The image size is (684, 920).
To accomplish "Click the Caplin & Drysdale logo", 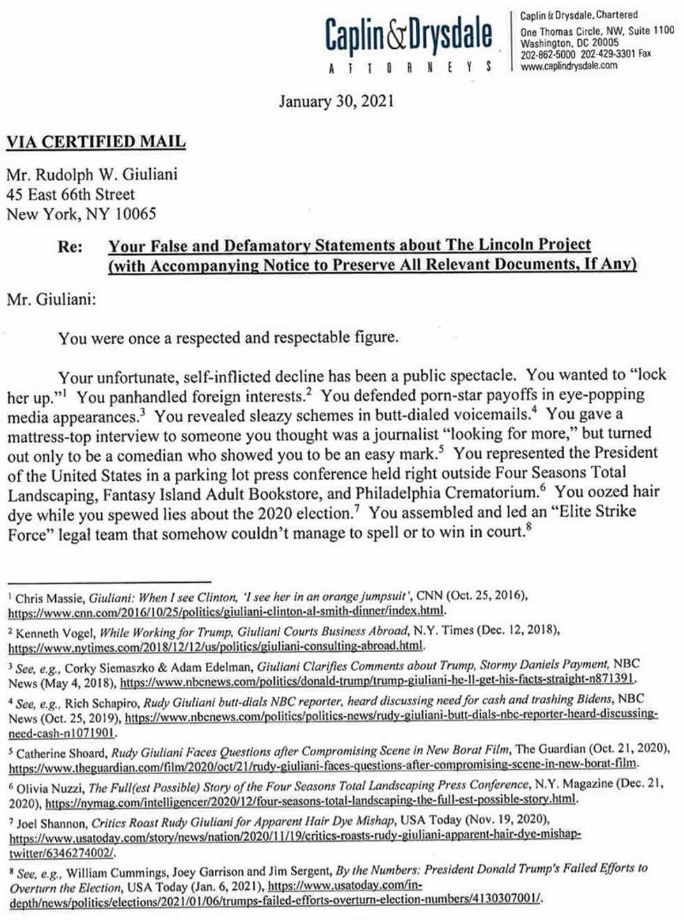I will [x=408, y=35].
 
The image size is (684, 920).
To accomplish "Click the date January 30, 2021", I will [x=336, y=102].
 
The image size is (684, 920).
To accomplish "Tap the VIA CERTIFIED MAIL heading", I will [x=96, y=142].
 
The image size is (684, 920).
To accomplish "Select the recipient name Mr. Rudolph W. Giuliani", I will [x=91, y=175].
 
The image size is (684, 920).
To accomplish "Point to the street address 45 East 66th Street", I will [x=70, y=194].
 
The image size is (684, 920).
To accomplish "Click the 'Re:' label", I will [x=70, y=246].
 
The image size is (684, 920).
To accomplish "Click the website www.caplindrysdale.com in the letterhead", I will [x=569, y=66].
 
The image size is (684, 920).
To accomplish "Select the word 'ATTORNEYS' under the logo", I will [x=410, y=67].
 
